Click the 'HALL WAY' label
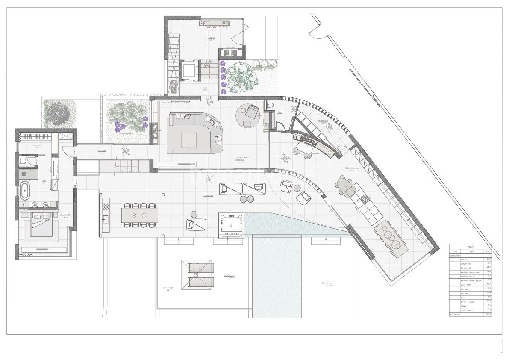pyautogui.click(x=101, y=150)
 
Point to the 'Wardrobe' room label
pyautogui.click(x=37, y=145)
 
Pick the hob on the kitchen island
pyautogui.click(x=365, y=198)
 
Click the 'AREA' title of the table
pyautogui.click(x=470, y=247)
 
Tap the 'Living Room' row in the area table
pyautogui.click(x=466, y=285)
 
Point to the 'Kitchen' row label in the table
pyautogui.click(x=464, y=260)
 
